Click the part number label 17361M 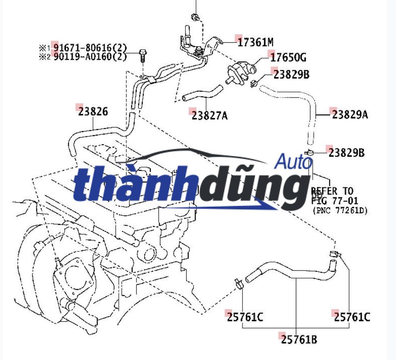255,42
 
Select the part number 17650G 288,58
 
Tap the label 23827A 210,116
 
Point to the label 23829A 350,115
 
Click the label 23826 93,111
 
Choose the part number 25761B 299,339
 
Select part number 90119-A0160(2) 90,56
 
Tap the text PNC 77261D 340,210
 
